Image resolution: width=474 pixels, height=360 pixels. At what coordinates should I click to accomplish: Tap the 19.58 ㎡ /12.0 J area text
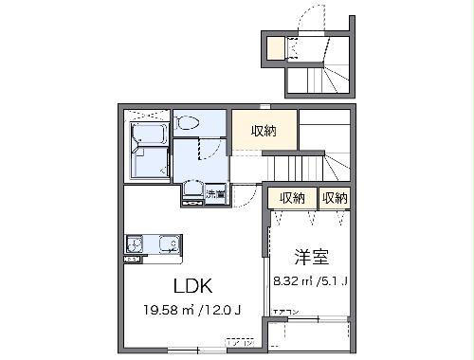190,309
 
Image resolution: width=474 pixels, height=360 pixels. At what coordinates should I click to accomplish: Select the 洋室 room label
309,256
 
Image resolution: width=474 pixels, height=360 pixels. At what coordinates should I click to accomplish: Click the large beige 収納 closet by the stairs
264,132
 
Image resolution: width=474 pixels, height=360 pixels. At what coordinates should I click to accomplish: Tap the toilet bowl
188,123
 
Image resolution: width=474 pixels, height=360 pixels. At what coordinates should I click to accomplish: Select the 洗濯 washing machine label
214,194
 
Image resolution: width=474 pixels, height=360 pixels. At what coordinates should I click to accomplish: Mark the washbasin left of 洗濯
191,189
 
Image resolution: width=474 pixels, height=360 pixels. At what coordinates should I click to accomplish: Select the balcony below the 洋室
309,336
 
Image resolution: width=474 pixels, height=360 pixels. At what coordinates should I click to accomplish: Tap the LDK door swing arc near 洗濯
248,195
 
